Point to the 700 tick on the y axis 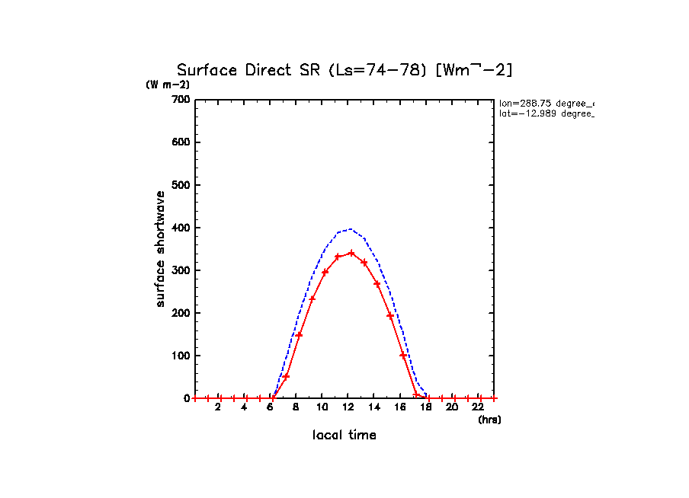click(181, 100)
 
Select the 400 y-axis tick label click(181, 228)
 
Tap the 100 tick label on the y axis click(181, 356)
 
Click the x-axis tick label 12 click(348, 408)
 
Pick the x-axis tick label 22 click(479, 408)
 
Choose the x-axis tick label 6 click(270, 408)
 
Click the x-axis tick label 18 click(426, 408)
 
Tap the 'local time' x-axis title click(344, 435)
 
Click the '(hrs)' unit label click(489, 420)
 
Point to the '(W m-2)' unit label click(168, 85)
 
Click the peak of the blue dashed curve click(350, 228)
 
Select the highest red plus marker click(351, 253)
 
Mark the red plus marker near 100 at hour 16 click(403, 355)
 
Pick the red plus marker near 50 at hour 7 click(286, 376)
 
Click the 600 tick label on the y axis click(181, 142)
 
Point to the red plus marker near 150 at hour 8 click(300, 335)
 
